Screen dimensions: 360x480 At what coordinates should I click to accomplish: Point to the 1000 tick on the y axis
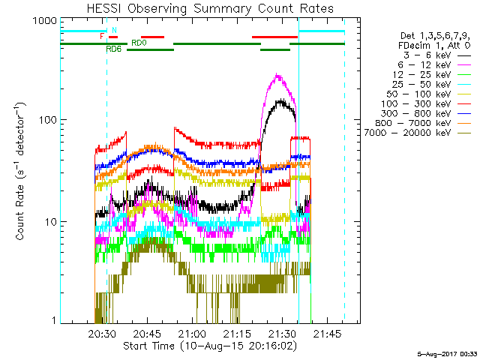coord(47,21)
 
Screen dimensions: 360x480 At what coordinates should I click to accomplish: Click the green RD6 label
coord(114,49)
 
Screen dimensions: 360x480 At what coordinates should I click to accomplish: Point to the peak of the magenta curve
coord(278,74)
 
